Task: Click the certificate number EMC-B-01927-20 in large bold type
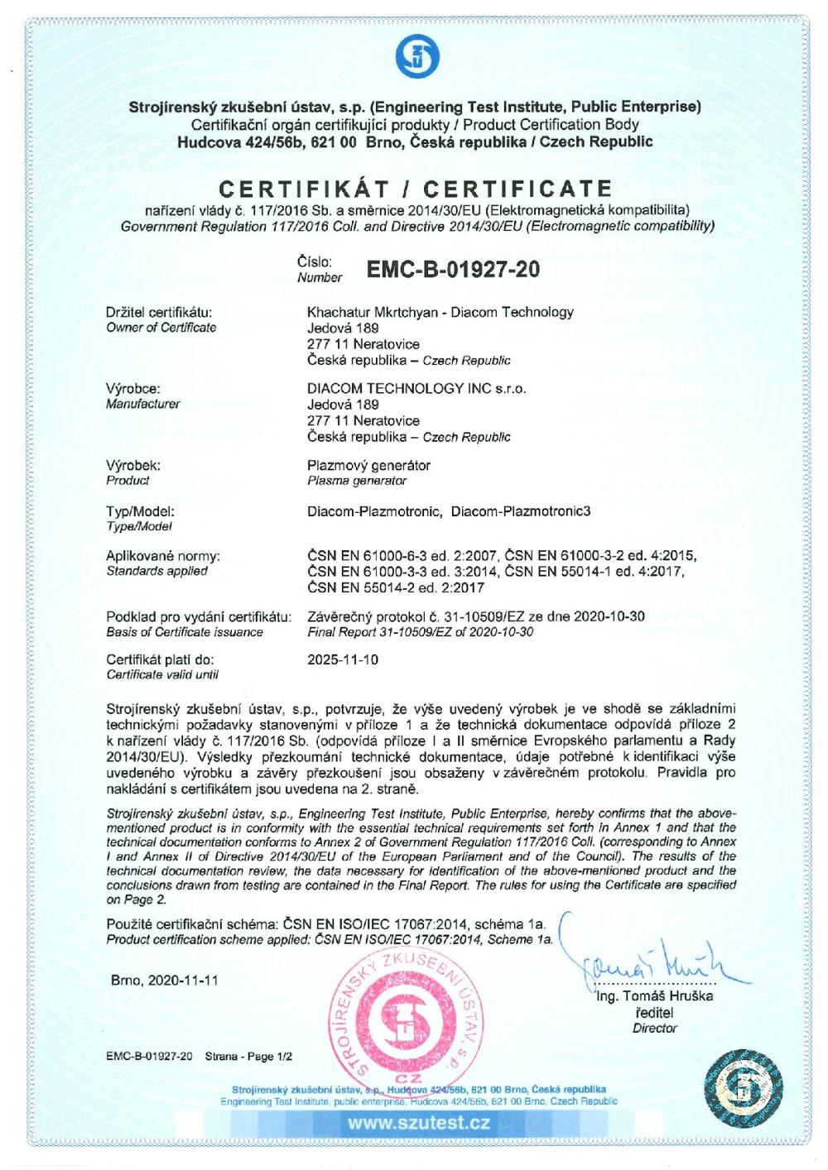tap(452, 270)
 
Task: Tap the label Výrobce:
tap(133, 389)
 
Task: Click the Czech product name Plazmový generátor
tap(368, 465)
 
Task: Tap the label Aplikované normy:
tap(163, 556)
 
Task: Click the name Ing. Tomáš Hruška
tap(655, 995)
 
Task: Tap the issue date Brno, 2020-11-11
tap(165, 980)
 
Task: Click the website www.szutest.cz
tap(418, 1123)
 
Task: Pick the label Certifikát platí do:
tap(161, 660)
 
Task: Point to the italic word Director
tap(655, 1029)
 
